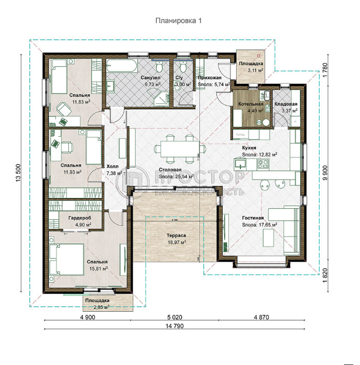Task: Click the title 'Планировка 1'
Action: (179, 21)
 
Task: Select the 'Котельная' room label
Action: (251, 104)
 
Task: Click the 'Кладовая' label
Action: (285, 104)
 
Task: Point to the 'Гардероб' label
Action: (80, 218)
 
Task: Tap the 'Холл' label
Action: (112, 167)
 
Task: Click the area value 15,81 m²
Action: (97, 269)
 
